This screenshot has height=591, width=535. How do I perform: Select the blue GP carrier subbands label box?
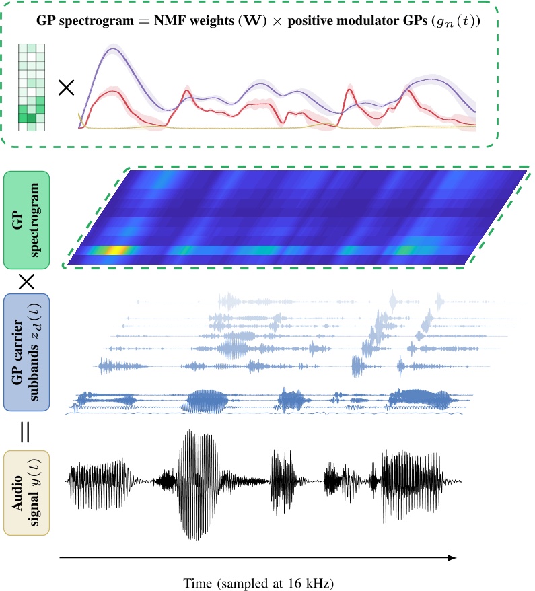[26, 351]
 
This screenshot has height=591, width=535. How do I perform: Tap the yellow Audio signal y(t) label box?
[26, 493]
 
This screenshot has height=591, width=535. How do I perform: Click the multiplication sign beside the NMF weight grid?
[66, 88]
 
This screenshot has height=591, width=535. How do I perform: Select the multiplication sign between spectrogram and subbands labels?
[26, 281]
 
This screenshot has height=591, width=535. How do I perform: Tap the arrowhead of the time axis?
[452, 557]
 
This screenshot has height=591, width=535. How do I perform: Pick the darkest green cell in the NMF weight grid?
[31, 118]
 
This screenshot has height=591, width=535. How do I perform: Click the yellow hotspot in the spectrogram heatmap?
[116, 251]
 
